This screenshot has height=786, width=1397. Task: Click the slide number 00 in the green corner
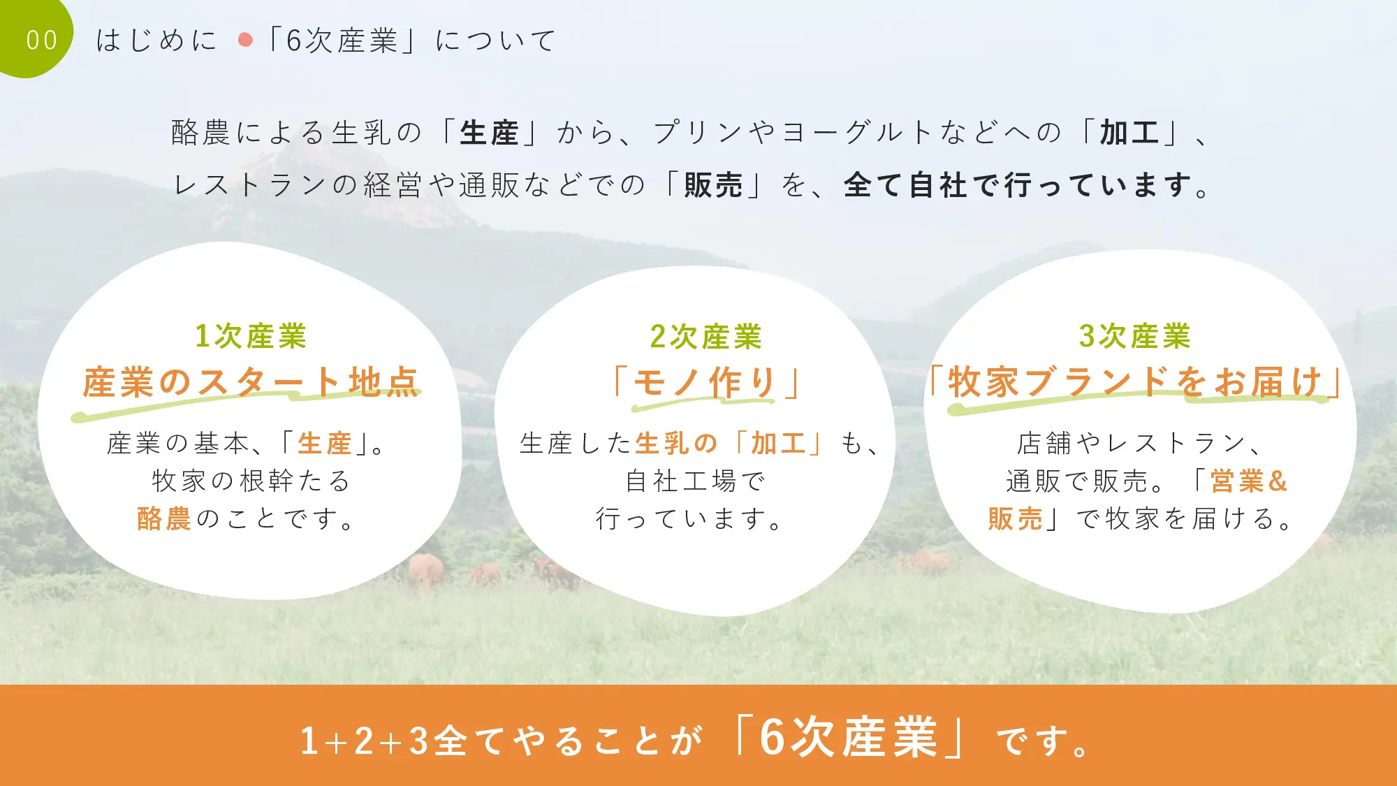41,41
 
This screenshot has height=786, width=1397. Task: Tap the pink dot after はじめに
245,40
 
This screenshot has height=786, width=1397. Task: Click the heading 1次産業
251,336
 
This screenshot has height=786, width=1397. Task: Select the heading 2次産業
705,337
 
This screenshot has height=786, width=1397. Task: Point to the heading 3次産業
1134,336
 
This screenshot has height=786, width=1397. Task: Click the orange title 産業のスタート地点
250,382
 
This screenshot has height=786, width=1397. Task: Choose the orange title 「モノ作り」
705,383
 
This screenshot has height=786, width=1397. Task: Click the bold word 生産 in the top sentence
489,133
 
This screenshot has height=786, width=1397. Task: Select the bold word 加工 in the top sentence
1129,133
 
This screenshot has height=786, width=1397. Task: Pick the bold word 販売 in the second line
713,185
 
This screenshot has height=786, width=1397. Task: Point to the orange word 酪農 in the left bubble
164,518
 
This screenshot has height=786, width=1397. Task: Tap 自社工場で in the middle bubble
696,481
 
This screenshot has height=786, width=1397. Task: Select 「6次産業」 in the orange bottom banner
849,737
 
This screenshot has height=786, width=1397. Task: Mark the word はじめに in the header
156,41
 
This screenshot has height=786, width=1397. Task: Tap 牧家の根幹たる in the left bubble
251,481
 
